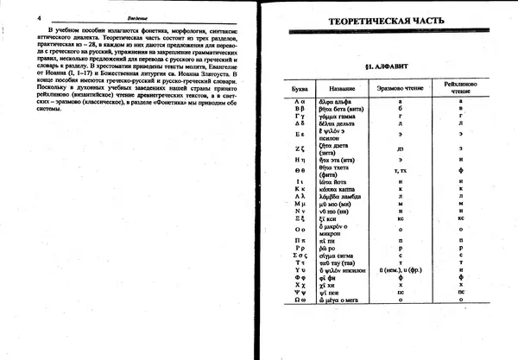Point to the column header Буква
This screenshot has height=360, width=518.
pyautogui.click(x=300, y=89)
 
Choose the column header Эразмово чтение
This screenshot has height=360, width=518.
pyautogui.click(x=399, y=89)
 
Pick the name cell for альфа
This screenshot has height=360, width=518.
pyautogui.click(x=339, y=102)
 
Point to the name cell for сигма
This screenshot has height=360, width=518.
pyautogui.click(x=339, y=256)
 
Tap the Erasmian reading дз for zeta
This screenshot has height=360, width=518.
pyautogui.click(x=399, y=149)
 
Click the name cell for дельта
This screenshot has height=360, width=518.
pyautogui.click(x=340, y=121)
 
